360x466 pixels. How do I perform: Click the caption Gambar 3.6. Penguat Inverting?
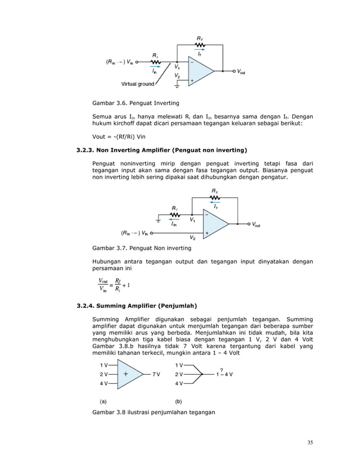tap(135, 103)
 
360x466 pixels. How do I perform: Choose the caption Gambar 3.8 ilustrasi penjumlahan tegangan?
tap(153, 413)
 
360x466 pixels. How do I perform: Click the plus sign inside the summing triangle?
tap(125, 373)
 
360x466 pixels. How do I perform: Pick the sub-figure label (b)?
tap(178, 402)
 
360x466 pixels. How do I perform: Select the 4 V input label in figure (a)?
tap(104, 383)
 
